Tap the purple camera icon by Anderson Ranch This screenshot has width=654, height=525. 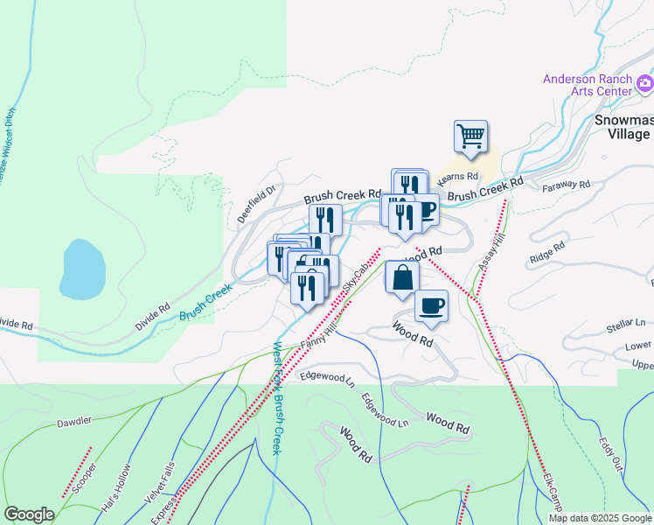[645, 84]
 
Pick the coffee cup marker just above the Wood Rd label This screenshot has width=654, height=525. [431, 306]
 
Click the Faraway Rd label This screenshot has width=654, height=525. [567, 186]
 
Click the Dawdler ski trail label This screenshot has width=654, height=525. [75, 422]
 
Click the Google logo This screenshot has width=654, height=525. [29, 514]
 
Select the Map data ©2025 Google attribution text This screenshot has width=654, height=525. [599, 518]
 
